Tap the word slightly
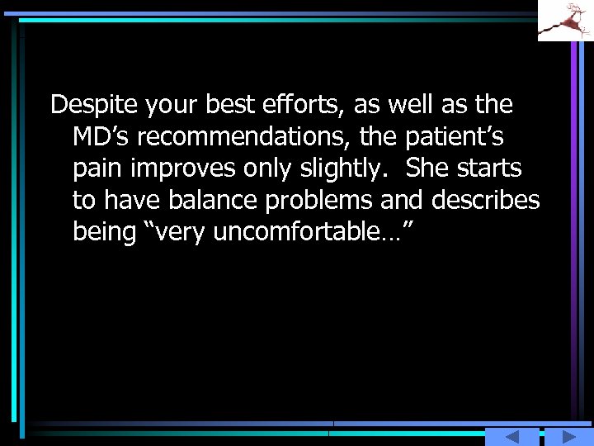point(346,169)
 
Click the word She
point(427,169)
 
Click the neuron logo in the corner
point(565,21)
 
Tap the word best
point(236,106)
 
